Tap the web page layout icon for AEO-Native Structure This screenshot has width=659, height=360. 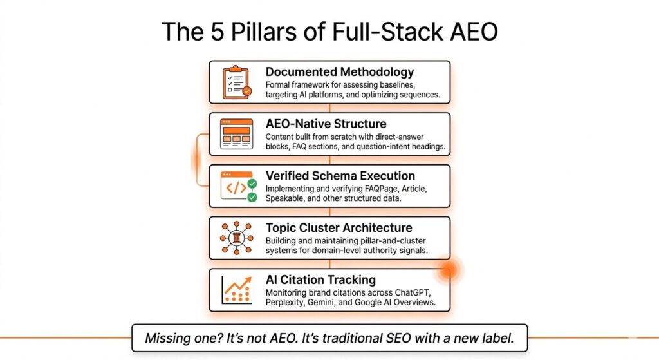[237, 134]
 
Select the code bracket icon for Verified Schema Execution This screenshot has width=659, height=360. [238, 186]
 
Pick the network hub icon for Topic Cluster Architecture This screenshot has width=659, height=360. [237, 238]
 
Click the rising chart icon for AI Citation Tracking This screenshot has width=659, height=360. [237, 290]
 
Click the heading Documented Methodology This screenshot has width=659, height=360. [340, 72]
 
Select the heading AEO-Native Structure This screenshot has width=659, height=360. [326, 124]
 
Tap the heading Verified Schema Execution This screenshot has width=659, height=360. [340, 176]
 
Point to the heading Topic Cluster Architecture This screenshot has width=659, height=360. [339, 228]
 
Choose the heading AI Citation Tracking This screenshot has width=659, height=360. [320, 279]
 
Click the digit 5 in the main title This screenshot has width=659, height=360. [217, 32]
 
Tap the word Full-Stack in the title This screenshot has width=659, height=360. [388, 32]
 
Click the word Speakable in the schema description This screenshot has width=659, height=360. [284, 198]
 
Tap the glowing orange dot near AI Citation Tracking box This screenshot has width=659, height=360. [448, 270]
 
